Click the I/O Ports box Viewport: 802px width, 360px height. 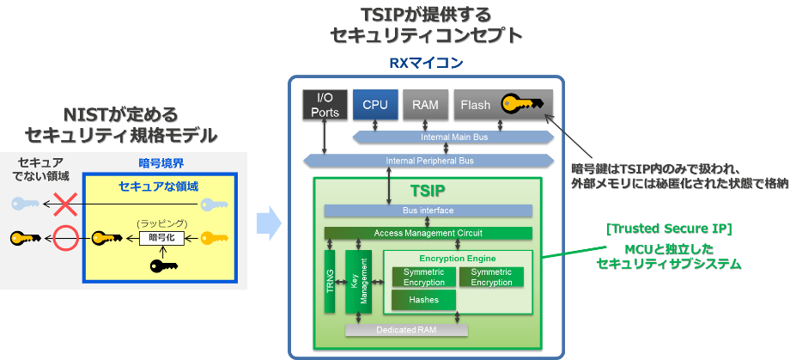[x=325, y=105]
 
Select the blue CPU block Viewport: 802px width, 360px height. [x=375, y=105]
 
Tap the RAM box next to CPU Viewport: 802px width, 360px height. [x=426, y=105]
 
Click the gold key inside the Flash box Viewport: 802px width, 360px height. [x=522, y=103]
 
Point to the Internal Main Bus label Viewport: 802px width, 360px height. [x=453, y=137]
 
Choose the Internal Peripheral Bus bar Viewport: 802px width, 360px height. [x=429, y=161]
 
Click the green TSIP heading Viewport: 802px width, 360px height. [x=428, y=191]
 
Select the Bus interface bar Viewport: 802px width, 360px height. [x=428, y=211]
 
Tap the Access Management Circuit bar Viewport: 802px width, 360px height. [x=428, y=233]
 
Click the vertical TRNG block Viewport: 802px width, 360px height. [x=330, y=282]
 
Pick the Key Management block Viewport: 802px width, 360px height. [x=358, y=282]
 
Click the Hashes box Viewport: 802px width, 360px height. [x=423, y=300]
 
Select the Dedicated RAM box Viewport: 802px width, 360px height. [x=407, y=330]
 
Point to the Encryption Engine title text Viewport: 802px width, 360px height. [x=458, y=259]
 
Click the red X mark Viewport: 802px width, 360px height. [x=65, y=204]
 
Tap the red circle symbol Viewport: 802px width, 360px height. [x=65, y=238]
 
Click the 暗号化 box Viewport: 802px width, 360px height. [x=161, y=238]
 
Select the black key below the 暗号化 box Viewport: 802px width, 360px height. [x=164, y=265]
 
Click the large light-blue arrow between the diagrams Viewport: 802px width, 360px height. [x=269, y=223]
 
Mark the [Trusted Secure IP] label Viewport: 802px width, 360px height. [x=669, y=229]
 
